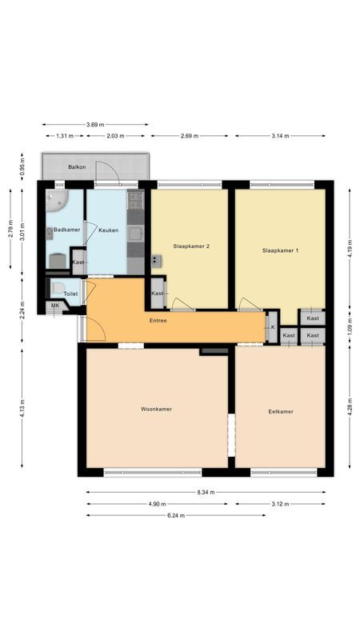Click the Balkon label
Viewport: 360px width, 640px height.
point(77,167)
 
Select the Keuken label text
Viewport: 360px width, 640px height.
point(109,230)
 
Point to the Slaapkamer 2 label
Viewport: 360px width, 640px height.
point(191,246)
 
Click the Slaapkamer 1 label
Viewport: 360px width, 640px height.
point(280,250)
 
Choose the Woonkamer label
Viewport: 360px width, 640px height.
point(156,409)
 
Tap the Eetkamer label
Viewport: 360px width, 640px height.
point(280,411)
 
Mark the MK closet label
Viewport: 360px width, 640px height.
point(55,306)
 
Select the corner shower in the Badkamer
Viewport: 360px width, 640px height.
point(55,199)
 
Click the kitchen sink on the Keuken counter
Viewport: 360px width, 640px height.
point(135,234)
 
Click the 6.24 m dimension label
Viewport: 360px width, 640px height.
point(175,515)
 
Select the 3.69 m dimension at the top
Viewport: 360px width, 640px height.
point(95,124)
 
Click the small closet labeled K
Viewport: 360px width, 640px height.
point(272,327)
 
